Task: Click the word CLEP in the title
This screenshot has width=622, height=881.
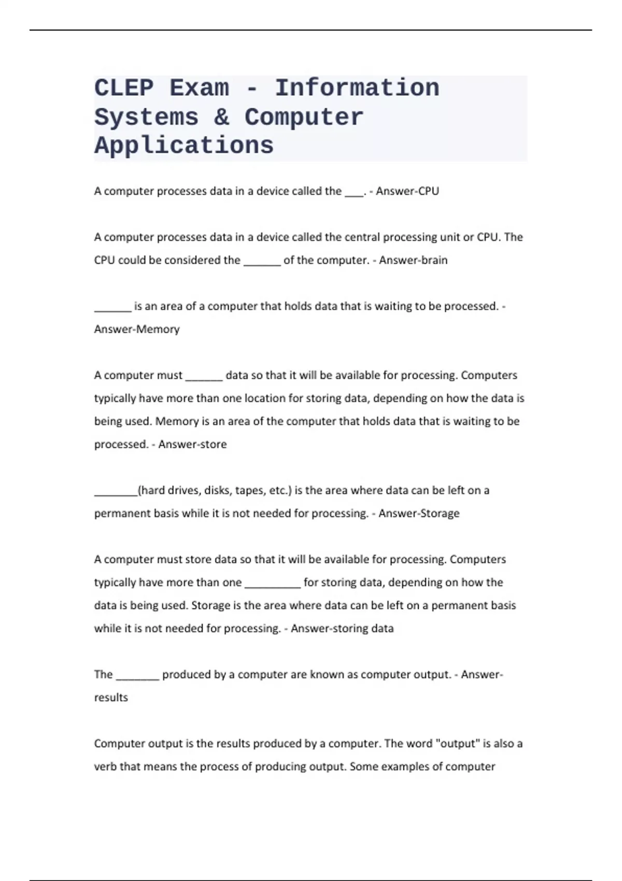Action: tap(124, 88)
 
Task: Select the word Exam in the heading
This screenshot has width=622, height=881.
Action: tap(199, 88)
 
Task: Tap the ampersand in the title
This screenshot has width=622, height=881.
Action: tap(221, 117)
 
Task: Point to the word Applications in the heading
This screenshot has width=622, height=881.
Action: tap(184, 146)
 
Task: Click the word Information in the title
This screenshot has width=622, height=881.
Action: tap(357, 88)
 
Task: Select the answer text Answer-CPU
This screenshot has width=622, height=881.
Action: tap(407, 191)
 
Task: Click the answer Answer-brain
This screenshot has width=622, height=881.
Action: tap(413, 260)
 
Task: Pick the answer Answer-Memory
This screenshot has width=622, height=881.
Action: tap(137, 329)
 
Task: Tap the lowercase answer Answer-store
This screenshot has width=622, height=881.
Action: tap(192, 444)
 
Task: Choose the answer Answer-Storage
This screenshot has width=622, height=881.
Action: tap(419, 513)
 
